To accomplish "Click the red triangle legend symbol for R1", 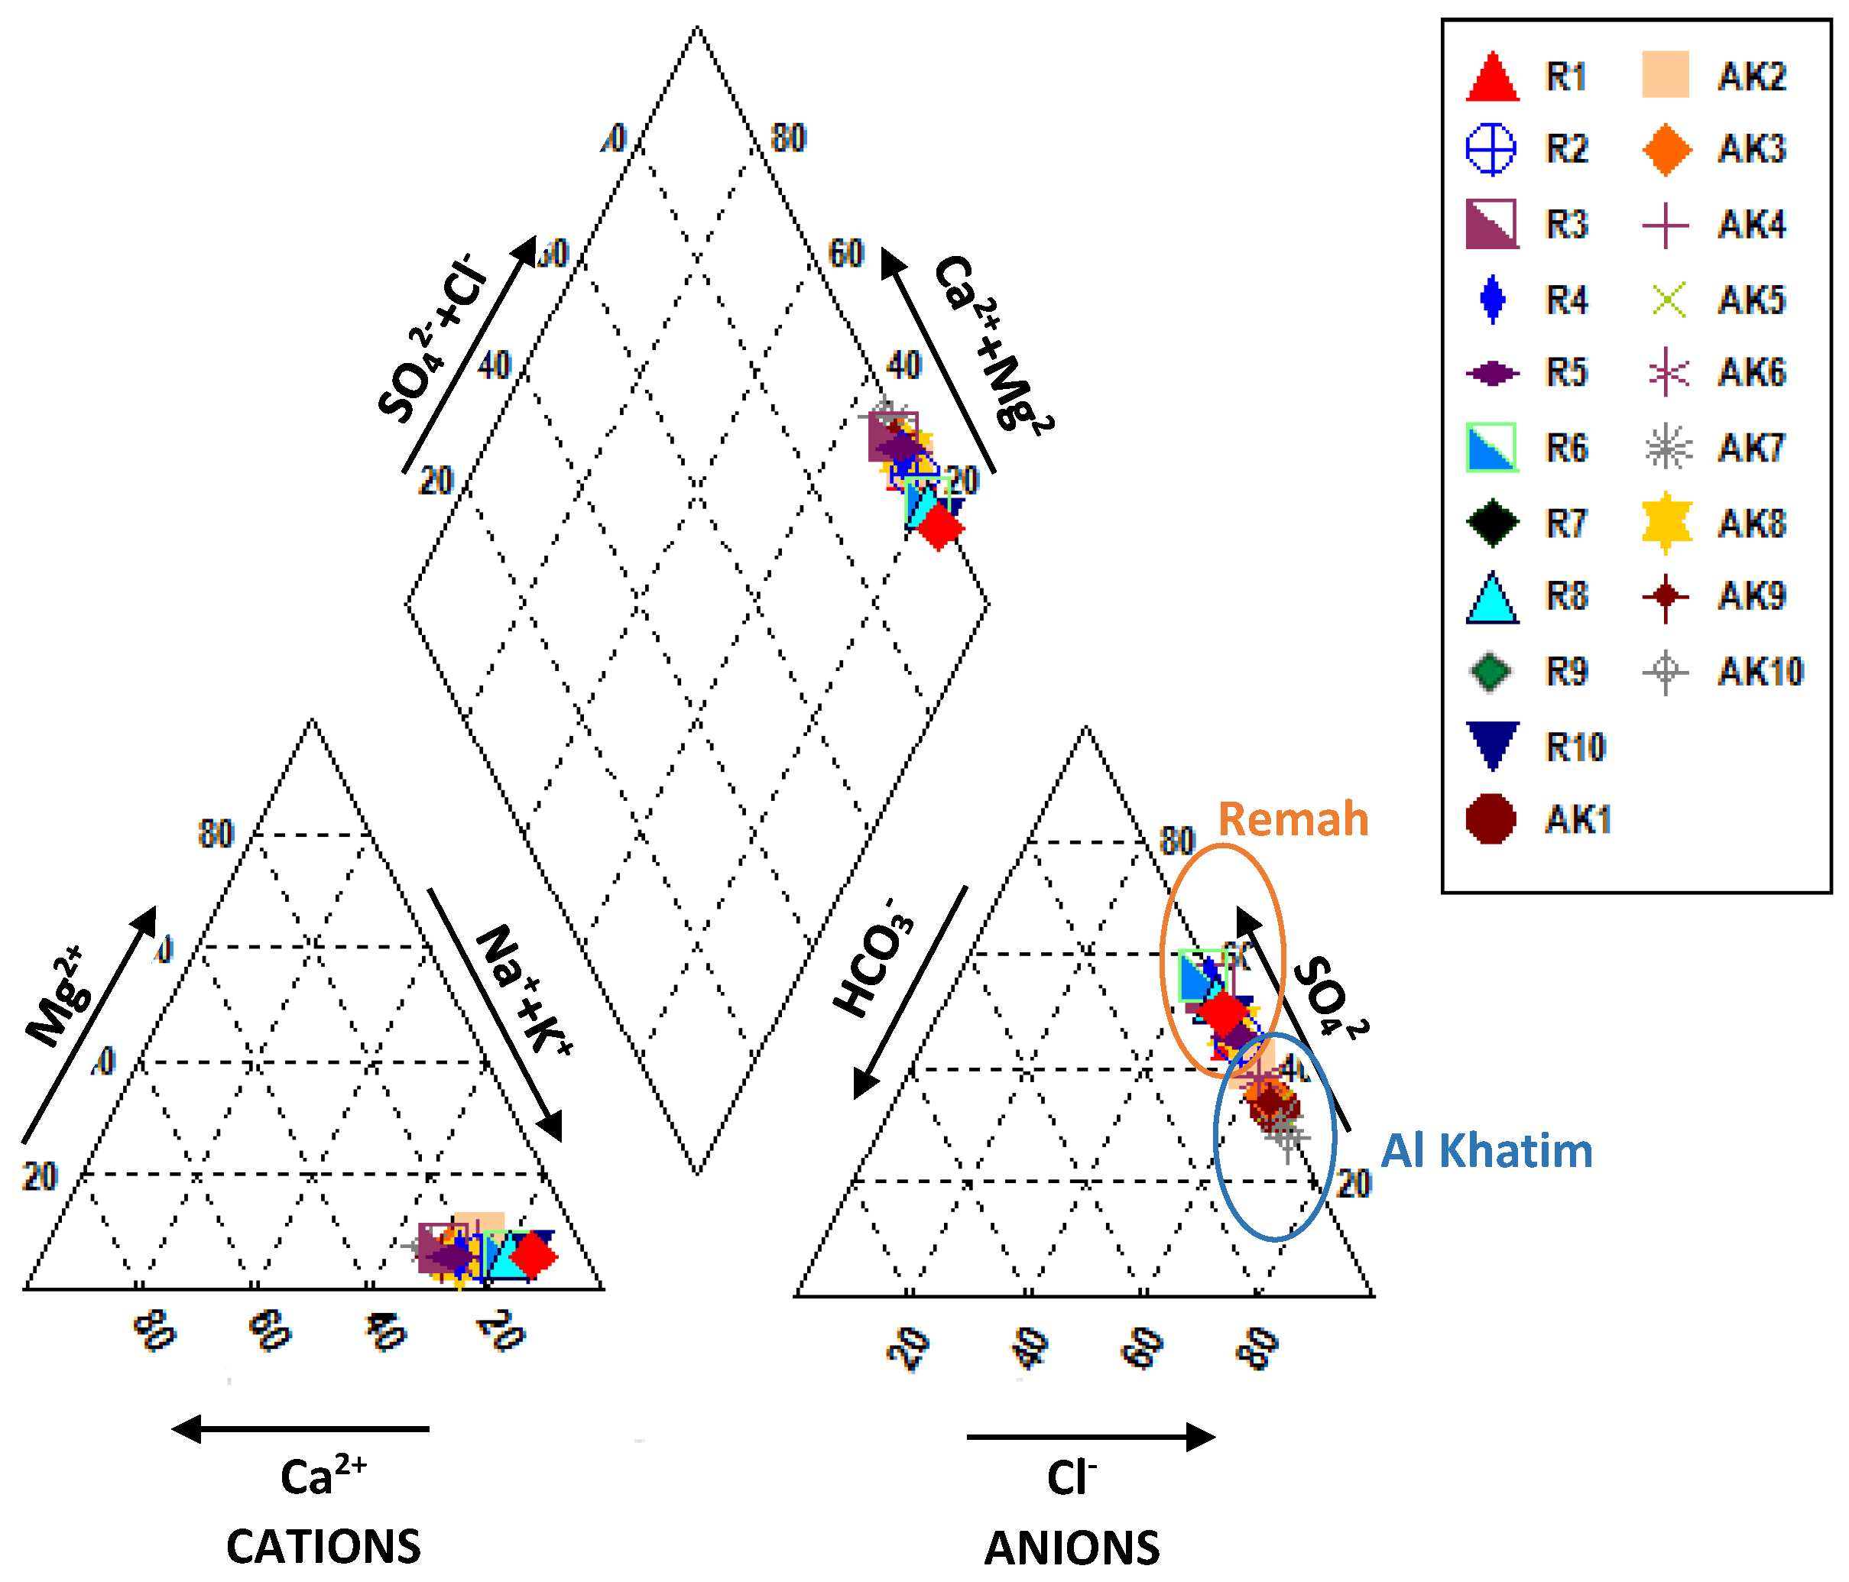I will click(1492, 78).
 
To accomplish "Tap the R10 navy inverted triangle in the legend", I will click(1492, 744).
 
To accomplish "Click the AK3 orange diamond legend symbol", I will click(1666, 149).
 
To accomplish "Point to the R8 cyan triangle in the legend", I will click(1492, 597).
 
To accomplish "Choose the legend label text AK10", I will click(1760, 671).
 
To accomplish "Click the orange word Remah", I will click(1292, 819).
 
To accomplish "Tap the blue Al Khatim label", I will click(1486, 1150).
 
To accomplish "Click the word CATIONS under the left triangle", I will click(323, 1546).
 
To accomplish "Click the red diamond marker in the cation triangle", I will click(534, 1256).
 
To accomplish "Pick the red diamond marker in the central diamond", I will click(939, 527).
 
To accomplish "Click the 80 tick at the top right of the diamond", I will click(789, 138).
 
